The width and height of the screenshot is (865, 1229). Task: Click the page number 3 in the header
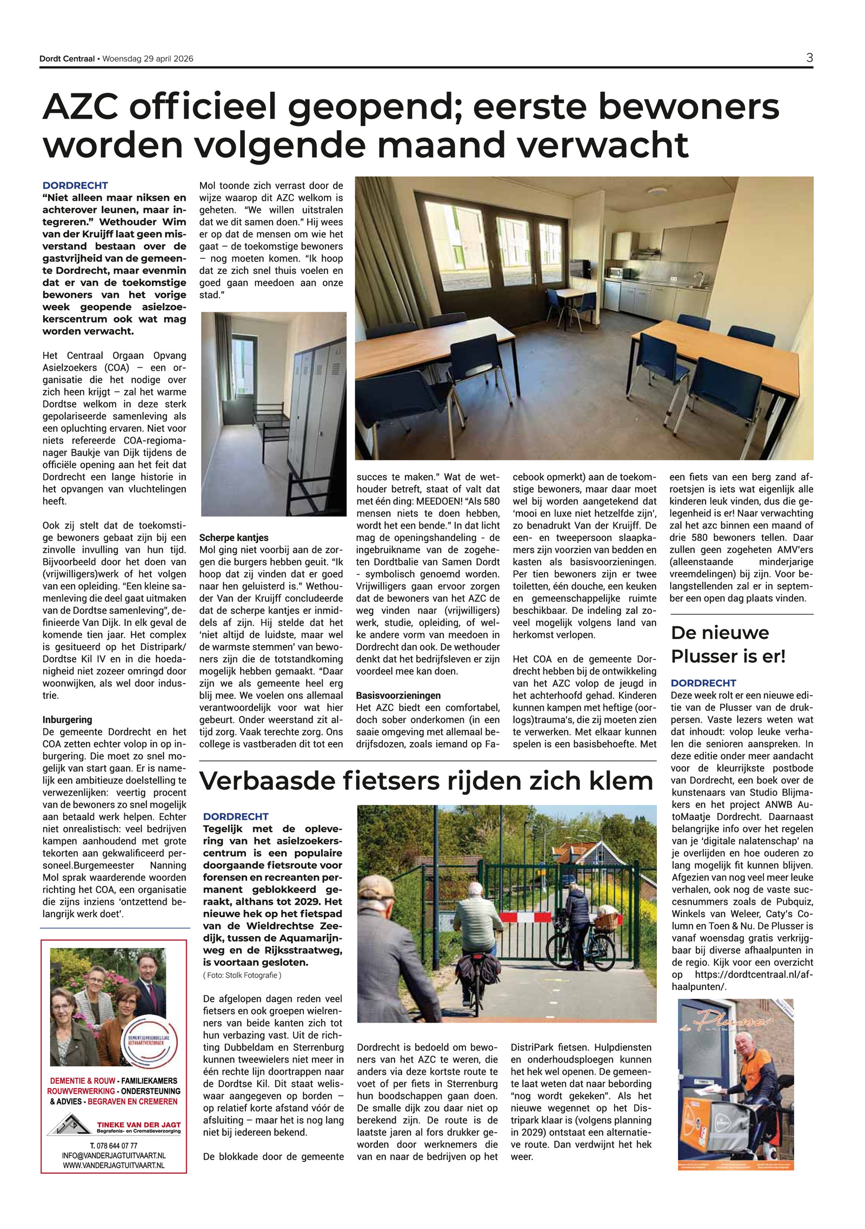point(809,58)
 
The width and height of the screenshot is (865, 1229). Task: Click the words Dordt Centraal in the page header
point(67,59)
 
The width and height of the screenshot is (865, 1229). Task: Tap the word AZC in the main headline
point(80,106)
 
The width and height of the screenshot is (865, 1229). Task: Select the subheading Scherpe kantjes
point(234,538)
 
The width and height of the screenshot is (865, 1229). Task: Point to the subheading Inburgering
point(68,720)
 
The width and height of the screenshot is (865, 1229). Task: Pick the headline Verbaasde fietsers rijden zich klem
point(427,781)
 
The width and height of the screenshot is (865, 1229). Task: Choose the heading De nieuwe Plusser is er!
point(728,644)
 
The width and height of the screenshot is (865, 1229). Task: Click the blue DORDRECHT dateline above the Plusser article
point(703,683)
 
